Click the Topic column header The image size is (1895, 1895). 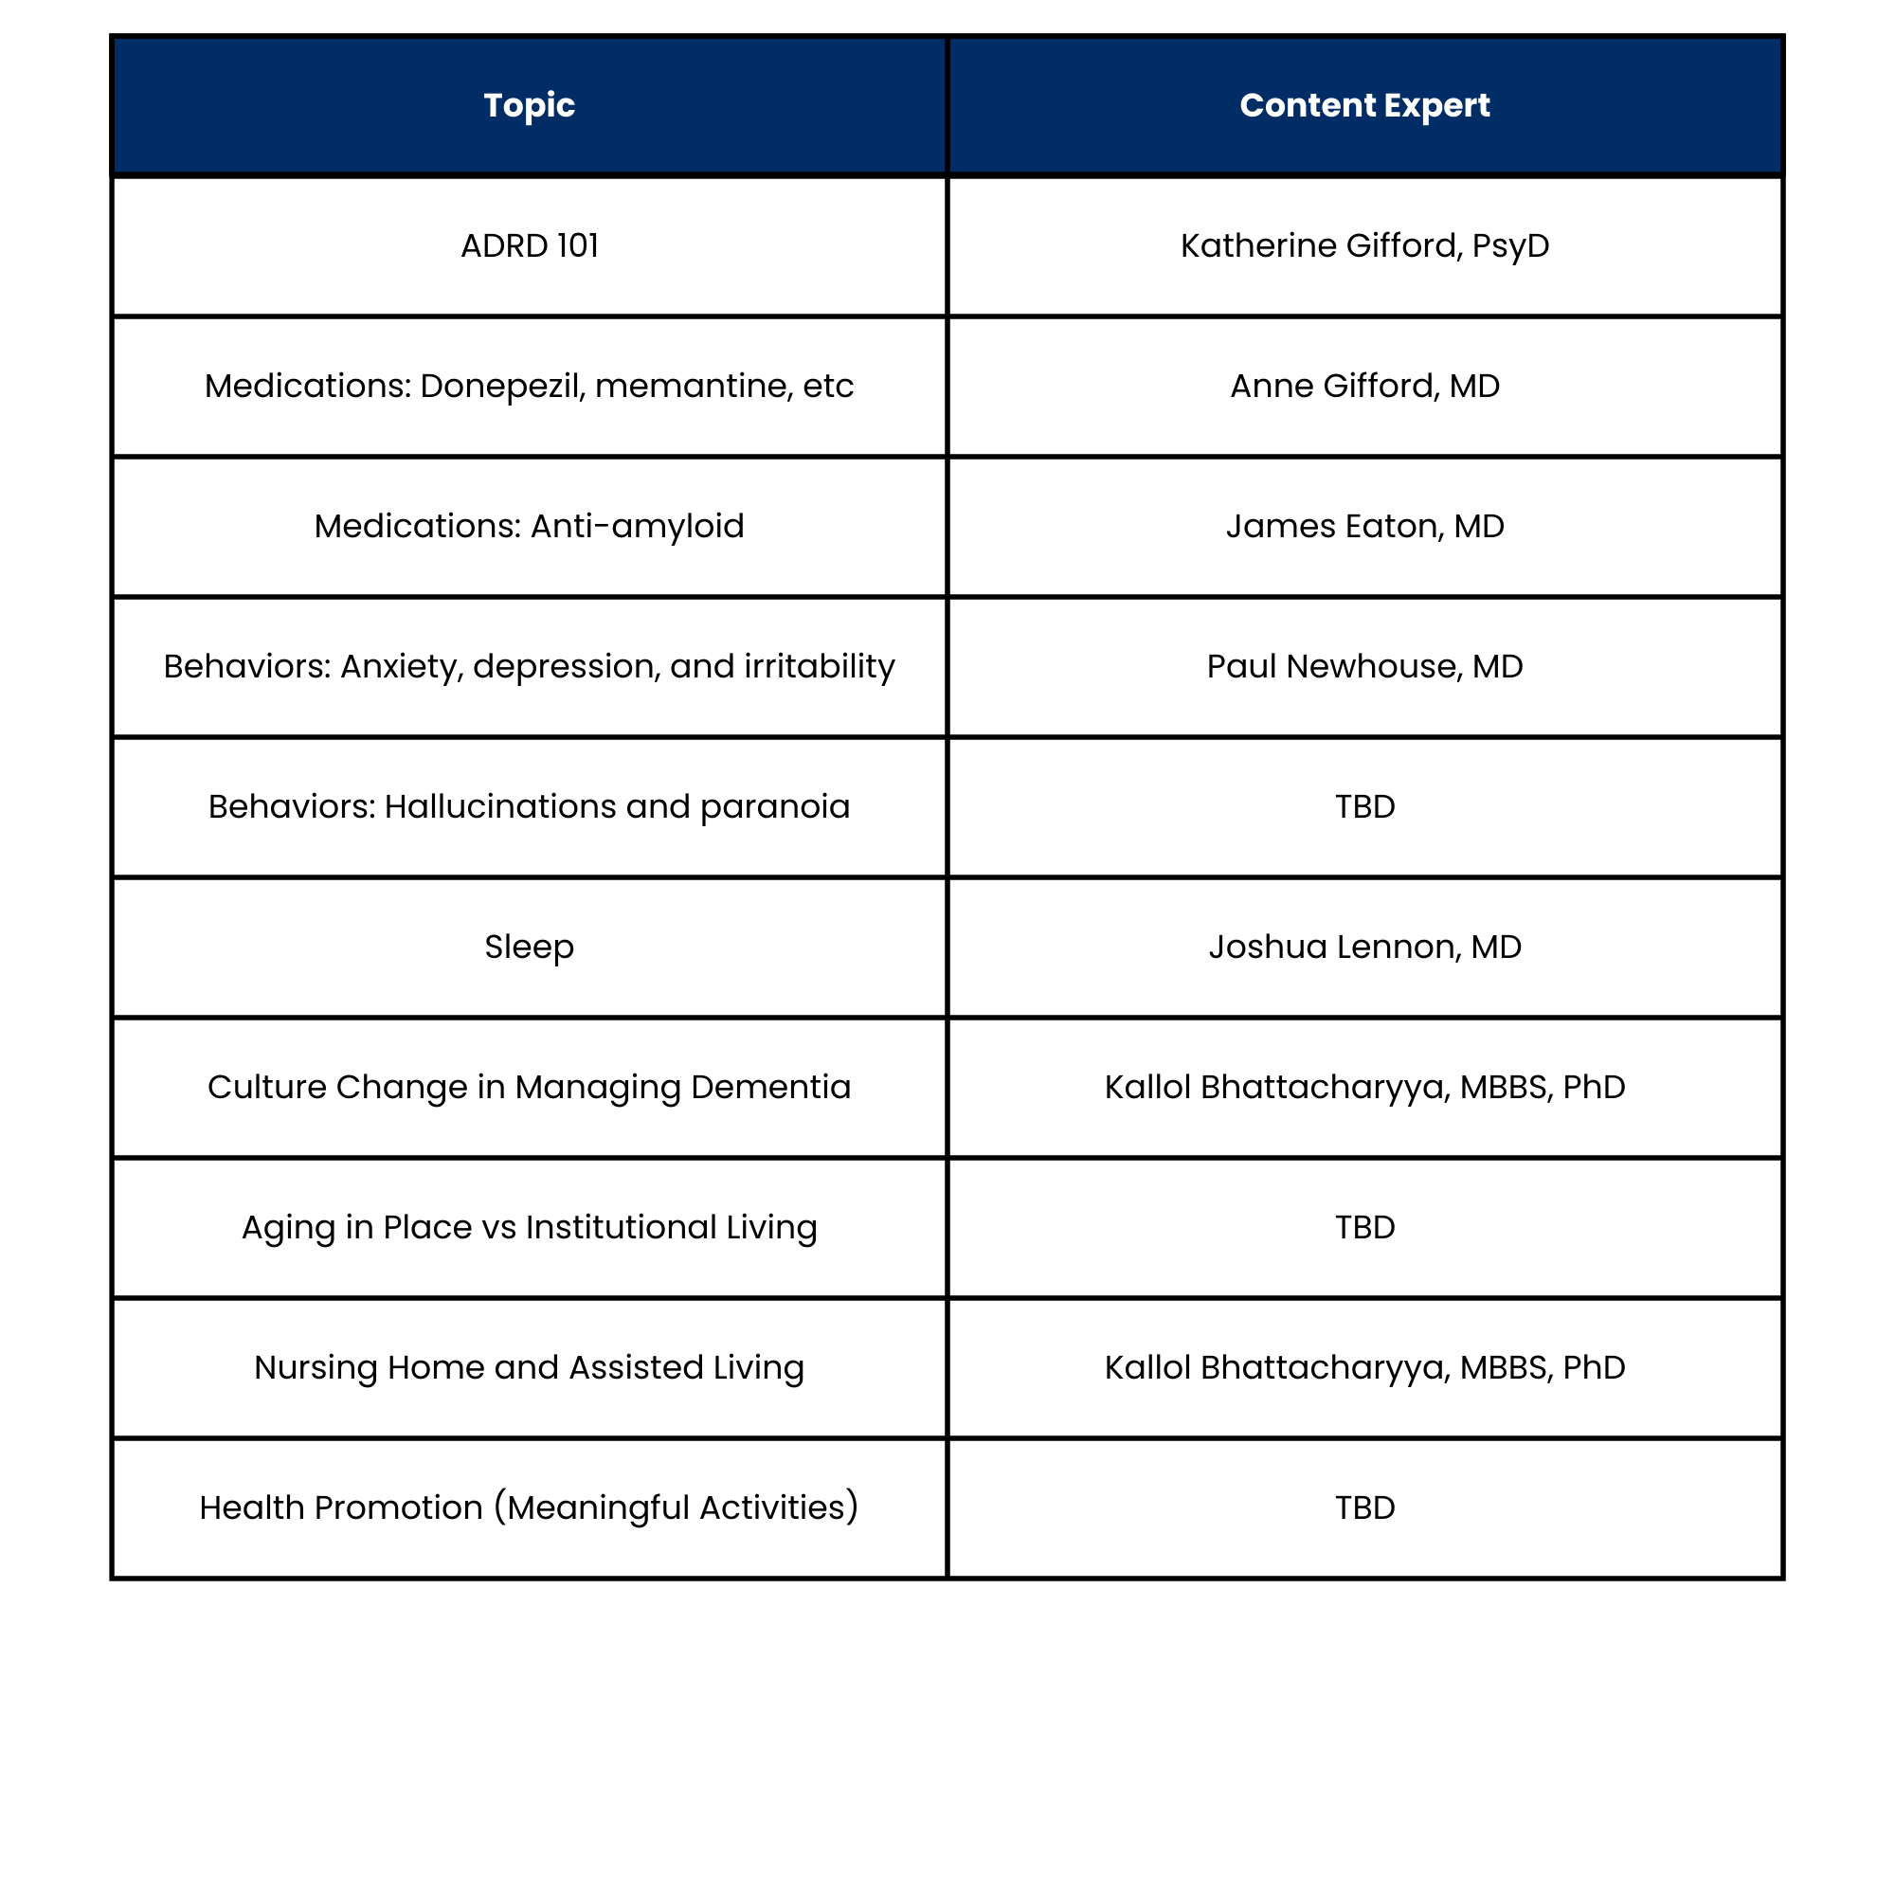[x=529, y=105]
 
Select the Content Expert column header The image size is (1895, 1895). [x=1363, y=105]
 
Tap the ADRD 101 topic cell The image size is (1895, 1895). [x=529, y=245]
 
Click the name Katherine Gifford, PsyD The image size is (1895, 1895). [x=1363, y=245]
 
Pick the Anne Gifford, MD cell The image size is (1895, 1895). [x=1363, y=386]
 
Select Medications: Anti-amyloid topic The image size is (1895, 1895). [x=529, y=526]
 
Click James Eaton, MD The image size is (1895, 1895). [x=1363, y=526]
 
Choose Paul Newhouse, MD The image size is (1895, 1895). [x=1363, y=666]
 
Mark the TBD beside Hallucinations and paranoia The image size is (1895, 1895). [x=1363, y=806]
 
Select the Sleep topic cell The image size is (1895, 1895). [x=529, y=947]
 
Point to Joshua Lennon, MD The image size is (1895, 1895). [x=1363, y=947]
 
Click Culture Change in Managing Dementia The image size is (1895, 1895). [x=529, y=1087]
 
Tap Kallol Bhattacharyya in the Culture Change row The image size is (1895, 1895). [x=1275, y=1087]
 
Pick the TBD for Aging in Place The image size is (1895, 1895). [x=1363, y=1227]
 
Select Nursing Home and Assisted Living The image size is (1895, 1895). [x=529, y=1367]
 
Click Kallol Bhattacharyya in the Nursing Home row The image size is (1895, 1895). [x=1275, y=1367]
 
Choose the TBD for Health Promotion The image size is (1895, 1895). [x=1363, y=1507]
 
